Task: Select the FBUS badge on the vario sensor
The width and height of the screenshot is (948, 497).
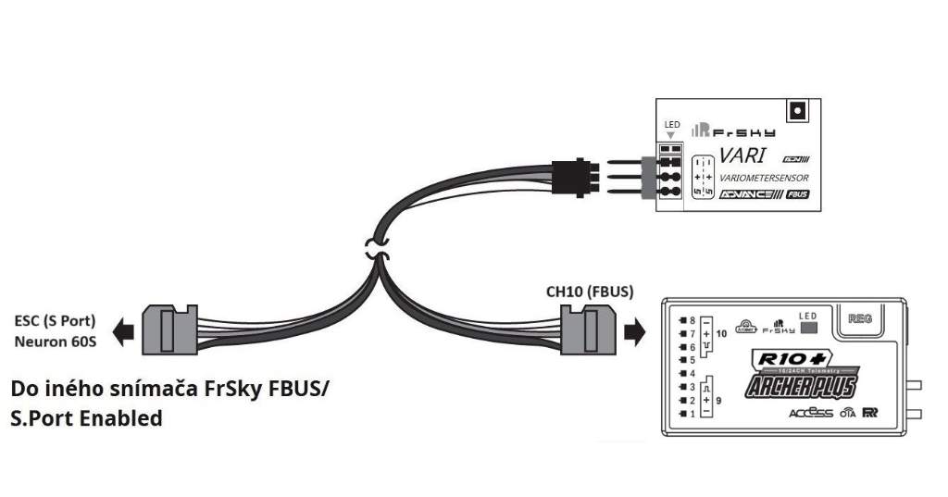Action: coord(797,195)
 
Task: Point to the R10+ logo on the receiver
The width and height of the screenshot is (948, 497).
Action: coord(780,359)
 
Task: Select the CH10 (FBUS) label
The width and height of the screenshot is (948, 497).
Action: coord(590,292)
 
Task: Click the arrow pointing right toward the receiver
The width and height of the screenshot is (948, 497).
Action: coord(634,330)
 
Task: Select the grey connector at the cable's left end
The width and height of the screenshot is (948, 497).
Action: coord(169,329)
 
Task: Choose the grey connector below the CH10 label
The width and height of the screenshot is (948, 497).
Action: coord(588,330)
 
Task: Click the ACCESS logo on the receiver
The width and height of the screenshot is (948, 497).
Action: coord(811,413)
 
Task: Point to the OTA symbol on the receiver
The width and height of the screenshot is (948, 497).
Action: coord(846,414)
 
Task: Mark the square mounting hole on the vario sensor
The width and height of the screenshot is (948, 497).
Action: coord(793,112)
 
